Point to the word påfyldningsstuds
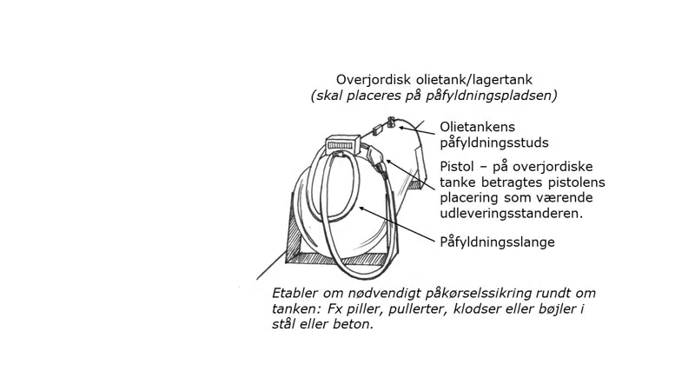click(494, 142)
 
